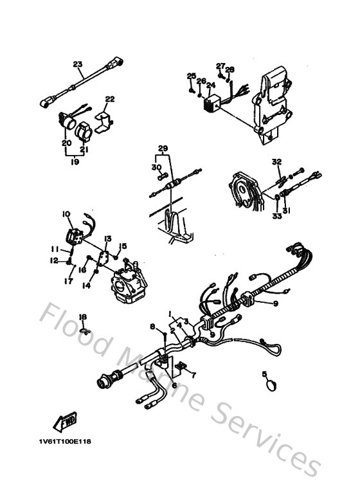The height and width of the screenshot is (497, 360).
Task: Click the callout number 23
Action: (78, 64)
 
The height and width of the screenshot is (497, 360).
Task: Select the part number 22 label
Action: (110, 99)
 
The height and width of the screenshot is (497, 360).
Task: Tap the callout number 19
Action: (76, 163)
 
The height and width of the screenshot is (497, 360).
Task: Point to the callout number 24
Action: (210, 84)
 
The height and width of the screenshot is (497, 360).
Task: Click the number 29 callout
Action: (163, 149)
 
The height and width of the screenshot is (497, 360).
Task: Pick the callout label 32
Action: (276, 161)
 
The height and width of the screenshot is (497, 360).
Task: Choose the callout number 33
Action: (277, 216)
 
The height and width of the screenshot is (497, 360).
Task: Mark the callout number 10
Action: (66, 213)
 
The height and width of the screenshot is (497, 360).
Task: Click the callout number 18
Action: (82, 317)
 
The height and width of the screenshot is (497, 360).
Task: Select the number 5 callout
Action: (264, 374)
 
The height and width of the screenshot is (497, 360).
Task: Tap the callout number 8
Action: (153, 327)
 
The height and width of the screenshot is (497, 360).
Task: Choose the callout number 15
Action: (123, 245)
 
